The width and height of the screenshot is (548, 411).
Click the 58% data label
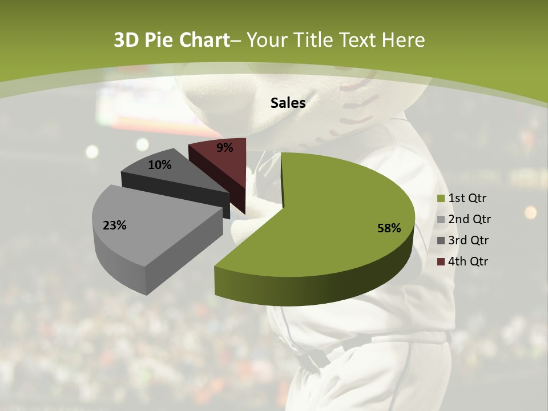coord(389,228)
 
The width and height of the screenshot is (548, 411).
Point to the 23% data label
coord(115,225)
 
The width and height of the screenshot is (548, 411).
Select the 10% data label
coord(160,165)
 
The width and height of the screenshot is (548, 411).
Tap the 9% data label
coord(225,148)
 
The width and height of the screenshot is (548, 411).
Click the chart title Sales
coord(288,103)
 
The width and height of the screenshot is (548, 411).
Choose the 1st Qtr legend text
coord(468,198)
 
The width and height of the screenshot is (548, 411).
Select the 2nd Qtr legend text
coord(469,219)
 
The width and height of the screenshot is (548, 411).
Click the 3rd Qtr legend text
coord(469,240)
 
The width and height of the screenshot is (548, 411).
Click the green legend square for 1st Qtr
coord(441,199)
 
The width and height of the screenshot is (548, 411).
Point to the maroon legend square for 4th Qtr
coord(441,262)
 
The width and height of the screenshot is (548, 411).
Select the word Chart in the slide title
coord(204,40)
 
